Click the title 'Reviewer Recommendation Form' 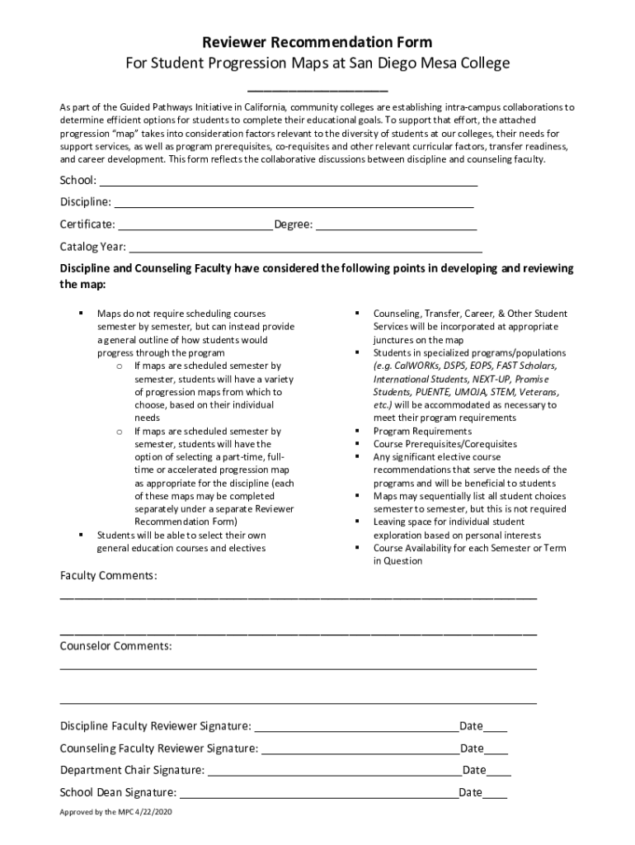[x=317, y=42]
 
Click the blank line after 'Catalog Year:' [x=305, y=248]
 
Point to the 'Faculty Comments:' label [x=108, y=575]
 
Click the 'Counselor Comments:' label [x=116, y=646]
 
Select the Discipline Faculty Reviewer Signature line [x=356, y=729]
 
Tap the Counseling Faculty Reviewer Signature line [x=360, y=751]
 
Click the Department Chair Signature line [x=334, y=772]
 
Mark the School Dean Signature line [x=318, y=795]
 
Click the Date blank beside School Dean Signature [x=495, y=795]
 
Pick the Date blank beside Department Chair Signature [x=499, y=772]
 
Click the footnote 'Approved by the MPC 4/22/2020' [x=116, y=813]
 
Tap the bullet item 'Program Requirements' [x=422, y=432]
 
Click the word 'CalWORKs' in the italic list [x=415, y=366]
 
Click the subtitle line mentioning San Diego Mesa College [x=317, y=64]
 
